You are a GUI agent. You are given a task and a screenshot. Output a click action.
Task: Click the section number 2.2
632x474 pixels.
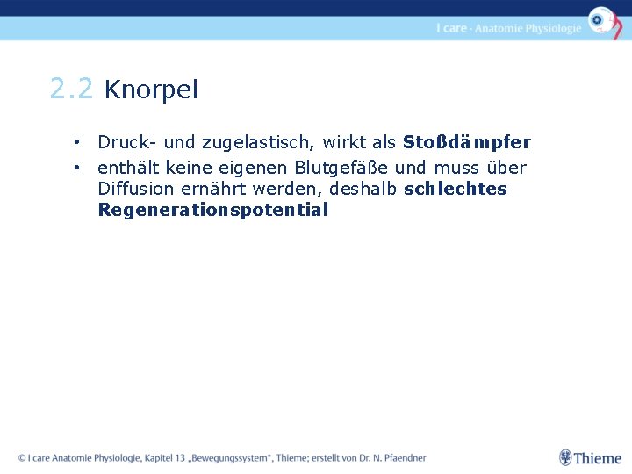coord(71,89)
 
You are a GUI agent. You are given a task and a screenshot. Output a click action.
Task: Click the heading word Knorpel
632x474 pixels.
coord(151,90)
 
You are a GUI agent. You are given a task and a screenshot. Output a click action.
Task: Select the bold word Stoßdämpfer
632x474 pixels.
coord(466,142)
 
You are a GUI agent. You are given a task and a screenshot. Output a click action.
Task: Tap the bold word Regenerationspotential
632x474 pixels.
coord(213,210)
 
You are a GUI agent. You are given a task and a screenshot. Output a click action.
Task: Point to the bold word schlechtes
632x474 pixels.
coord(455,189)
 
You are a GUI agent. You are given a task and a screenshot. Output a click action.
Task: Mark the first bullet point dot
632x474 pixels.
coord(78,142)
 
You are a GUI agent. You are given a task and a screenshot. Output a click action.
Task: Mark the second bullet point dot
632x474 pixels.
coord(78,167)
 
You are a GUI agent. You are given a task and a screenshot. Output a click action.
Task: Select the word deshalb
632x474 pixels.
coord(364,189)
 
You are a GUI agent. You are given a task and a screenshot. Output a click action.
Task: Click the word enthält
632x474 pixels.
coord(126,168)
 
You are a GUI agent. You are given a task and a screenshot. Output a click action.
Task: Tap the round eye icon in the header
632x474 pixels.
coord(600,19)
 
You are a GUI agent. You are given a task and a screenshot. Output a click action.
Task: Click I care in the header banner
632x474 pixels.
coord(451,28)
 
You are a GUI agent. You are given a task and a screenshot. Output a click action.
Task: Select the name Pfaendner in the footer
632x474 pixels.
coord(402,458)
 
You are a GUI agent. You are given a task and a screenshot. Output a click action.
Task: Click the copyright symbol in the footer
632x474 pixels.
coord(22,458)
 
